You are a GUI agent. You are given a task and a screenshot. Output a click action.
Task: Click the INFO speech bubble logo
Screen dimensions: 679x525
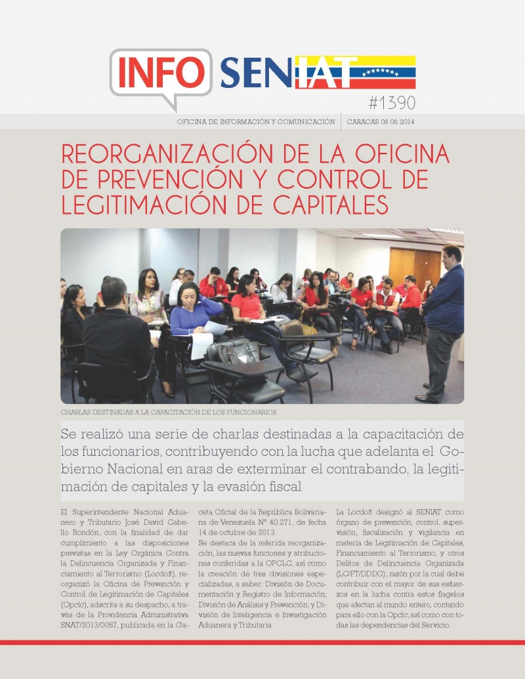click(x=161, y=73)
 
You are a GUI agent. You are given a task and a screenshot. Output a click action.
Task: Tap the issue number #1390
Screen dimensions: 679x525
click(x=392, y=103)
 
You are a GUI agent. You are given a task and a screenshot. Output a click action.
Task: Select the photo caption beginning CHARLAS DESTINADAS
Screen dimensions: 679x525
click(x=168, y=413)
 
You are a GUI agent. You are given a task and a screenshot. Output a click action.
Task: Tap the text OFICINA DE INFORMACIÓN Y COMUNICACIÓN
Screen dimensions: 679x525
click(x=256, y=122)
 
